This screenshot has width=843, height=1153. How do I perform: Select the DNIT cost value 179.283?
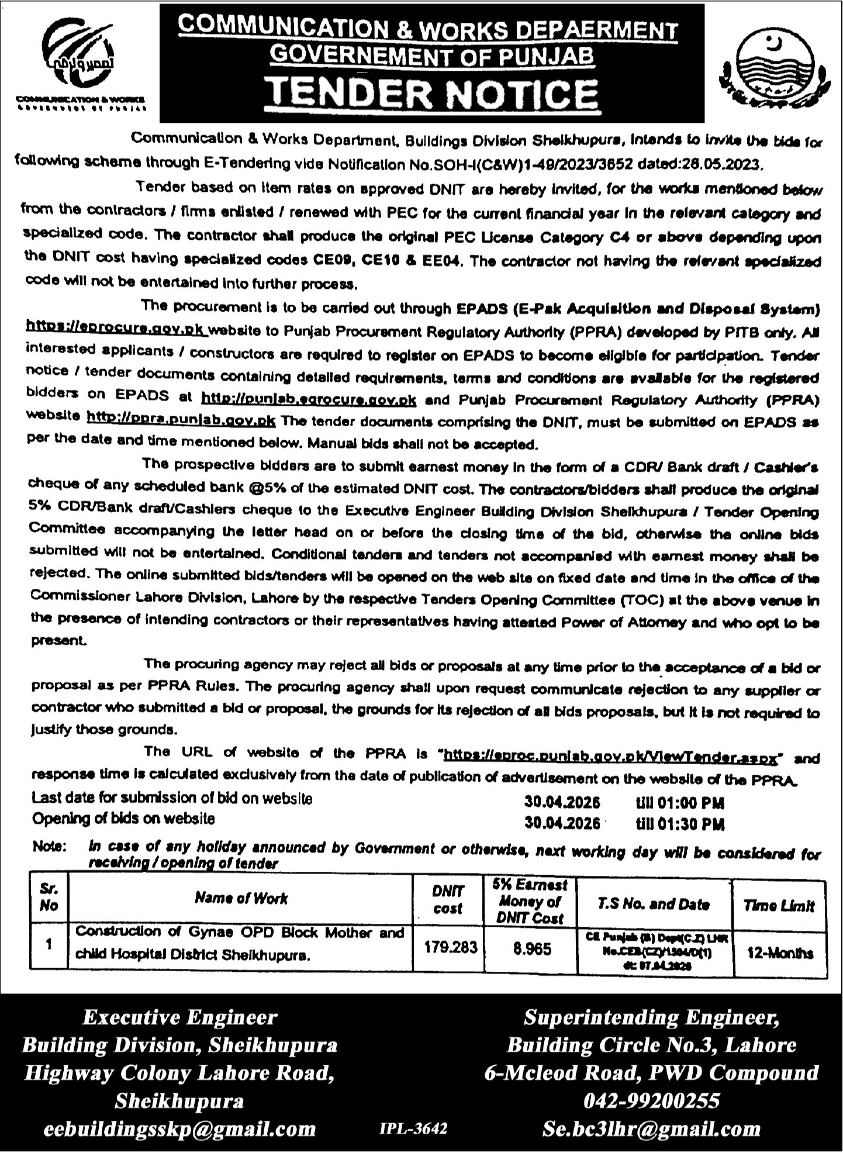click(x=448, y=947)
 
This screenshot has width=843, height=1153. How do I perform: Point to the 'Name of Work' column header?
click(x=241, y=898)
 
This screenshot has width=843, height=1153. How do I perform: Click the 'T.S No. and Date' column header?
click(x=654, y=905)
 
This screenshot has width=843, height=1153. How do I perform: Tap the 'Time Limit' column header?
click(x=779, y=906)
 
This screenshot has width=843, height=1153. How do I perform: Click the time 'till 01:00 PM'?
click(x=680, y=802)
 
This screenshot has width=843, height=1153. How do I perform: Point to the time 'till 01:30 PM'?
click(x=680, y=824)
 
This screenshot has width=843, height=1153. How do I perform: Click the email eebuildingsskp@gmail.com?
click(x=179, y=1128)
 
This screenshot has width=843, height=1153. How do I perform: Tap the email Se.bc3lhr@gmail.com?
click(x=651, y=1128)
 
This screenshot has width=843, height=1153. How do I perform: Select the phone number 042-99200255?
click(x=651, y=1101)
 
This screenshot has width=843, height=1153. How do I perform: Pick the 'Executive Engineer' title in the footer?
click(x=179, y=1017)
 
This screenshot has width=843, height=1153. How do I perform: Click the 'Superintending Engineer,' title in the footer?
click(x=651, y=1018)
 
